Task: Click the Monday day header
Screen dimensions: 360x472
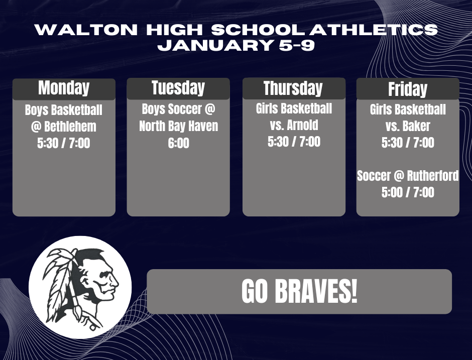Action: click(64, 88)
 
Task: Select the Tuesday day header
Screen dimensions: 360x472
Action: click(178, 88)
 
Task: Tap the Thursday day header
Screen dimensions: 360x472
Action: click(293, 88)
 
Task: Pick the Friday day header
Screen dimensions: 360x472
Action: click(407, 89)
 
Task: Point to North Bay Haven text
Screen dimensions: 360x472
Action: click(178, 126)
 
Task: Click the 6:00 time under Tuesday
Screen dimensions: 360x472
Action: click(178, 143)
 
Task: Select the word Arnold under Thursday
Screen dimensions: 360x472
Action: click(303, 125)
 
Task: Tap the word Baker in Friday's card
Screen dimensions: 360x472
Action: click(417, 126)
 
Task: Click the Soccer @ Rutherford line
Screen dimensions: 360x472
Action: click(408, 176)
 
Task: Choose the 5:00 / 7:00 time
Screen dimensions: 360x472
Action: click(408, 192)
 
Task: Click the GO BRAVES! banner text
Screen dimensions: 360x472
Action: click(299, 292)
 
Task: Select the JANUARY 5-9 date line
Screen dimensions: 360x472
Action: click(236, 46)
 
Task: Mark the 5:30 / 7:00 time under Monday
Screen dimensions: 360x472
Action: click(64, 143)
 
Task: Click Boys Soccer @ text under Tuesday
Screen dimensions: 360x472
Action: click(178, 109)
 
